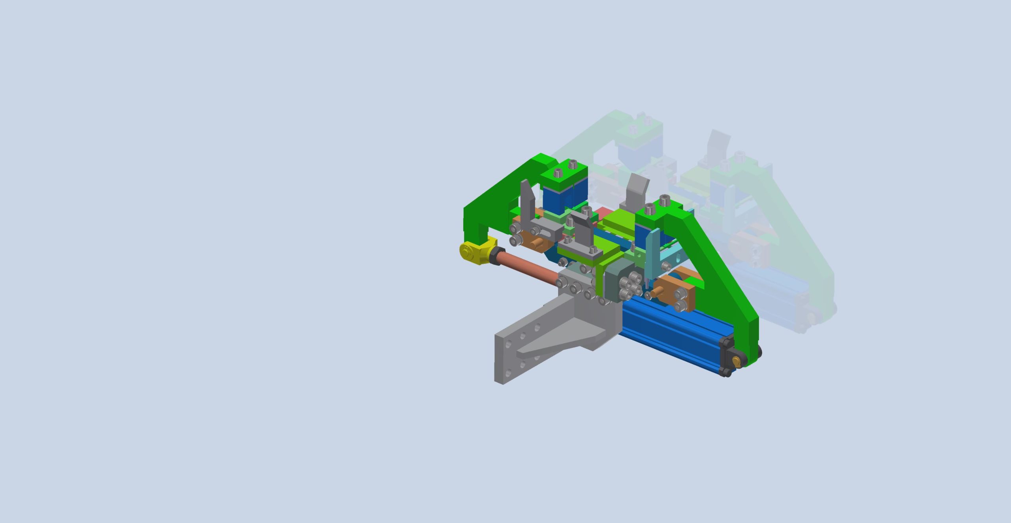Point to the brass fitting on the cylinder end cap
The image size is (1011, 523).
pos(736,360)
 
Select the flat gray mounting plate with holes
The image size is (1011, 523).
pos(509,356)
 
